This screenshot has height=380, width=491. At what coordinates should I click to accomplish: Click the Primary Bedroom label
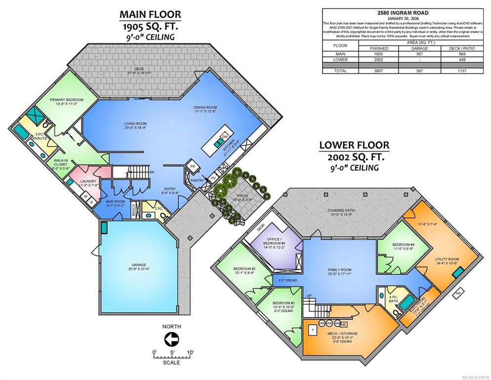[67, 102]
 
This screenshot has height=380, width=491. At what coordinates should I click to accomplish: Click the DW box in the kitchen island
[225, 137]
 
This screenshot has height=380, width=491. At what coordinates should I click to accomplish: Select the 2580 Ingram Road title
[403, 13]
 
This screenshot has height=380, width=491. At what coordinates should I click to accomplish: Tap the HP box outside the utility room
[458, 293]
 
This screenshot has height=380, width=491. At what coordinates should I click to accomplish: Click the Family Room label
[339, 272]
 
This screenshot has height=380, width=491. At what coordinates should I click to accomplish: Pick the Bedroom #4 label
[403, 246]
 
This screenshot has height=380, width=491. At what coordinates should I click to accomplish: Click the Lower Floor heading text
[354, 145]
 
